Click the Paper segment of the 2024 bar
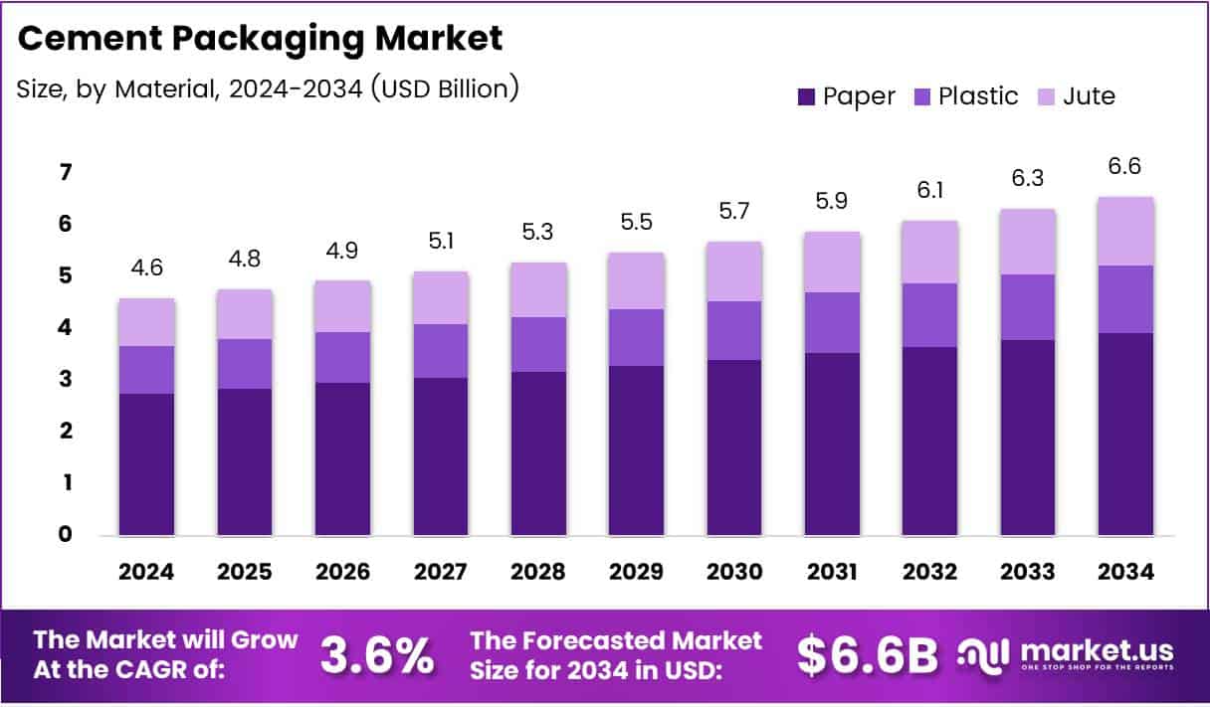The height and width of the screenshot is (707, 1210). point(146,464)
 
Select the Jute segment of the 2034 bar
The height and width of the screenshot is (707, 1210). point(1125,231)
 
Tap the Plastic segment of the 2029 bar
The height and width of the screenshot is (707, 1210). point(636,337)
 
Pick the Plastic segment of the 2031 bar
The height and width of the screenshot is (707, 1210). point(832,322)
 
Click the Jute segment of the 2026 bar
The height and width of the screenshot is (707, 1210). point(342,306)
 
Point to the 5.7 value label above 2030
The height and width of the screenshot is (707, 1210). point(734,211)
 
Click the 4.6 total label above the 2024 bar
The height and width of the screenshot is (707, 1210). point(146,268)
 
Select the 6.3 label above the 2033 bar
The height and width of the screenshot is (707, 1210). point(1028,179)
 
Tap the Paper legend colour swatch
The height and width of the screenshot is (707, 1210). point(805,96)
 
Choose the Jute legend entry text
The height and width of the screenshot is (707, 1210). point(1089,96)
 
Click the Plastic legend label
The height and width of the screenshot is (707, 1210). point(978,96)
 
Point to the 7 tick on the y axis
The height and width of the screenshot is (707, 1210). point(38,173)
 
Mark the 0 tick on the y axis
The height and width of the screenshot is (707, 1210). point(38,535)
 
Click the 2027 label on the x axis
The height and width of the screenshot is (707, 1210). point(440,572)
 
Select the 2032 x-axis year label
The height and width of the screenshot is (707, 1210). point(929,572)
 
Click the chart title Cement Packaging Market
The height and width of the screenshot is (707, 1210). point(260,39)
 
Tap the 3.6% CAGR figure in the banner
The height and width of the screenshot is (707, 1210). point(377,655)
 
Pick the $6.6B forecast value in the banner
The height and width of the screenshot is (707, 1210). point(868,655)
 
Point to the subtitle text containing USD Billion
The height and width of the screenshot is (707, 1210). point(268,88)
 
